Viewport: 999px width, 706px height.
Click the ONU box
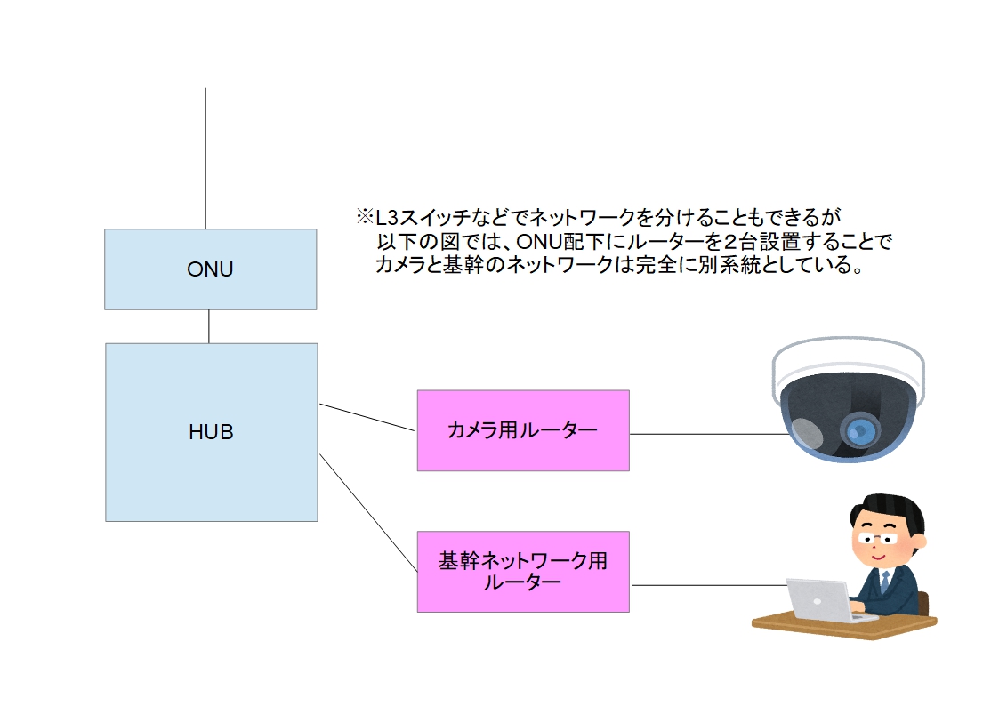click(210, 269)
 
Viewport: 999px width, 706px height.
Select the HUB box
click(211, 432)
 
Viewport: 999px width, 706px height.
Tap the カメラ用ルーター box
click(522, 430)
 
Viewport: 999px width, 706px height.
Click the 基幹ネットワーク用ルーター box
click(522, 571)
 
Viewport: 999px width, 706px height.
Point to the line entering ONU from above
click(205, 160)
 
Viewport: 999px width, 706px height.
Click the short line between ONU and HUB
click(209, 326)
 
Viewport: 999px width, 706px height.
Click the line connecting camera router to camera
click(703, 434)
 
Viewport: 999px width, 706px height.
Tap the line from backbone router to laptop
click(707, 585)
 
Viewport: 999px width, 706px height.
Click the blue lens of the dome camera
click(858, 431)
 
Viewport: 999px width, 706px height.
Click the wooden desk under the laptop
click(845, 625)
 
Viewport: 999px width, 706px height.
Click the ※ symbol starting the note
click(365, 217)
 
